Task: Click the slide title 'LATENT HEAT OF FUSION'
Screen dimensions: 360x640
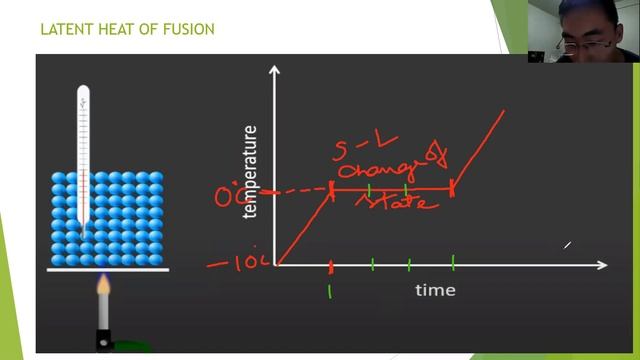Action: (127, 29)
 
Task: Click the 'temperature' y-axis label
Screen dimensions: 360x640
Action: (250, 171)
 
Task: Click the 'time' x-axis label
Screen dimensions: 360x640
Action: (435, 290)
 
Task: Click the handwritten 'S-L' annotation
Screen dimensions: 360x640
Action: (355, 153)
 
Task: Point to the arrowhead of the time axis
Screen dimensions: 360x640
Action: (602, 265)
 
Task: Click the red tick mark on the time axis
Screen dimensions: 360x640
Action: (330, 266)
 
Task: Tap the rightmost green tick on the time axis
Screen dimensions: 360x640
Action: (453, 263)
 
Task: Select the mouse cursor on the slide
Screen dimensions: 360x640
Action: (567, 244)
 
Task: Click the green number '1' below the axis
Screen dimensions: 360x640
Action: (330, 292)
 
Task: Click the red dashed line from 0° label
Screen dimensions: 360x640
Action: (295, 190)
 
